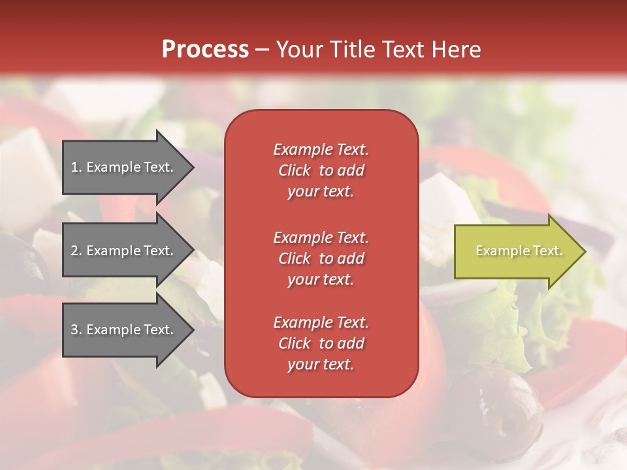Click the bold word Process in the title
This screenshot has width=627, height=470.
click(205, 50)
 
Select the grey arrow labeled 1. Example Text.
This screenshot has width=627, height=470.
click(124, 167)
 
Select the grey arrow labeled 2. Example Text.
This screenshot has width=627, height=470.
click(124, 251)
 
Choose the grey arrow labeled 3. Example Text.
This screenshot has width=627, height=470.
click(124, 330)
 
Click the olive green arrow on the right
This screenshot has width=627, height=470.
click(516, 251)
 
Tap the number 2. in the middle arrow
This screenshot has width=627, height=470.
click(76, 251)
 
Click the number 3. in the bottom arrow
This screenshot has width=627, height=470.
click(76, 330)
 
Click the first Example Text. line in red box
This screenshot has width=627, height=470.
click(321, 149)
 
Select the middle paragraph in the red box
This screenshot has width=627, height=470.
click(321, 258)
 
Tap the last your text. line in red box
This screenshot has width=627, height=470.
click(321, 364)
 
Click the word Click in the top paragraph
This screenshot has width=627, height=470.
click(295, 170)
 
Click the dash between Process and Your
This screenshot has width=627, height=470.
click(263, 50)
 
